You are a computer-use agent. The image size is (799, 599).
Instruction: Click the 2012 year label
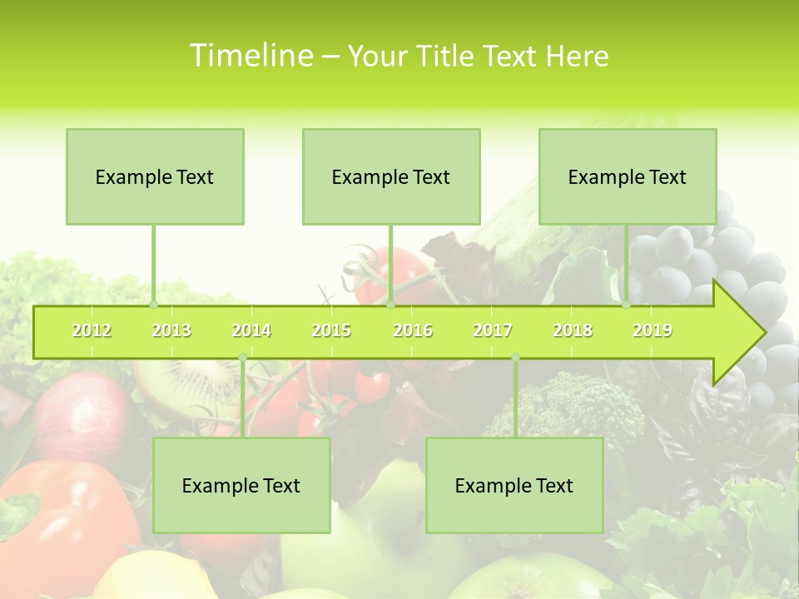92,330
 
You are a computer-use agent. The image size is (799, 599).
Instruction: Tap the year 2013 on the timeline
171,330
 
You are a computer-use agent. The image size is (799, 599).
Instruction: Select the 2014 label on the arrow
251,330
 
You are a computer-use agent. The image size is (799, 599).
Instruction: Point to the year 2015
331,330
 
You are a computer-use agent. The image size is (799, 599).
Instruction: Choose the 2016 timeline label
413,330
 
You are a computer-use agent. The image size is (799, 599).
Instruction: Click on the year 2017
493,330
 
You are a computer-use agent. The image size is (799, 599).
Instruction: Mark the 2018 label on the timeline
573,330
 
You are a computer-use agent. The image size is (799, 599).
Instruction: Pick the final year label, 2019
653,330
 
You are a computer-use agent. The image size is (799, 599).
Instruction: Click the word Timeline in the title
250,56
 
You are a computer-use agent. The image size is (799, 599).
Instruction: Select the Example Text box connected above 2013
155,176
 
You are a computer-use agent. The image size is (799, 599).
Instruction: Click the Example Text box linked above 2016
391,176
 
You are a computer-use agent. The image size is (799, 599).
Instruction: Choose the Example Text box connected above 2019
628,176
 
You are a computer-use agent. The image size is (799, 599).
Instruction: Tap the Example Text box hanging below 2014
241,485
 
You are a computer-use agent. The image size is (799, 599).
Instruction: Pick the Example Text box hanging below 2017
514,485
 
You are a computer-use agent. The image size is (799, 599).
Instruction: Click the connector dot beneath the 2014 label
242,358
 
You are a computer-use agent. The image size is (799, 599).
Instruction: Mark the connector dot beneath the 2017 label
515,358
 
